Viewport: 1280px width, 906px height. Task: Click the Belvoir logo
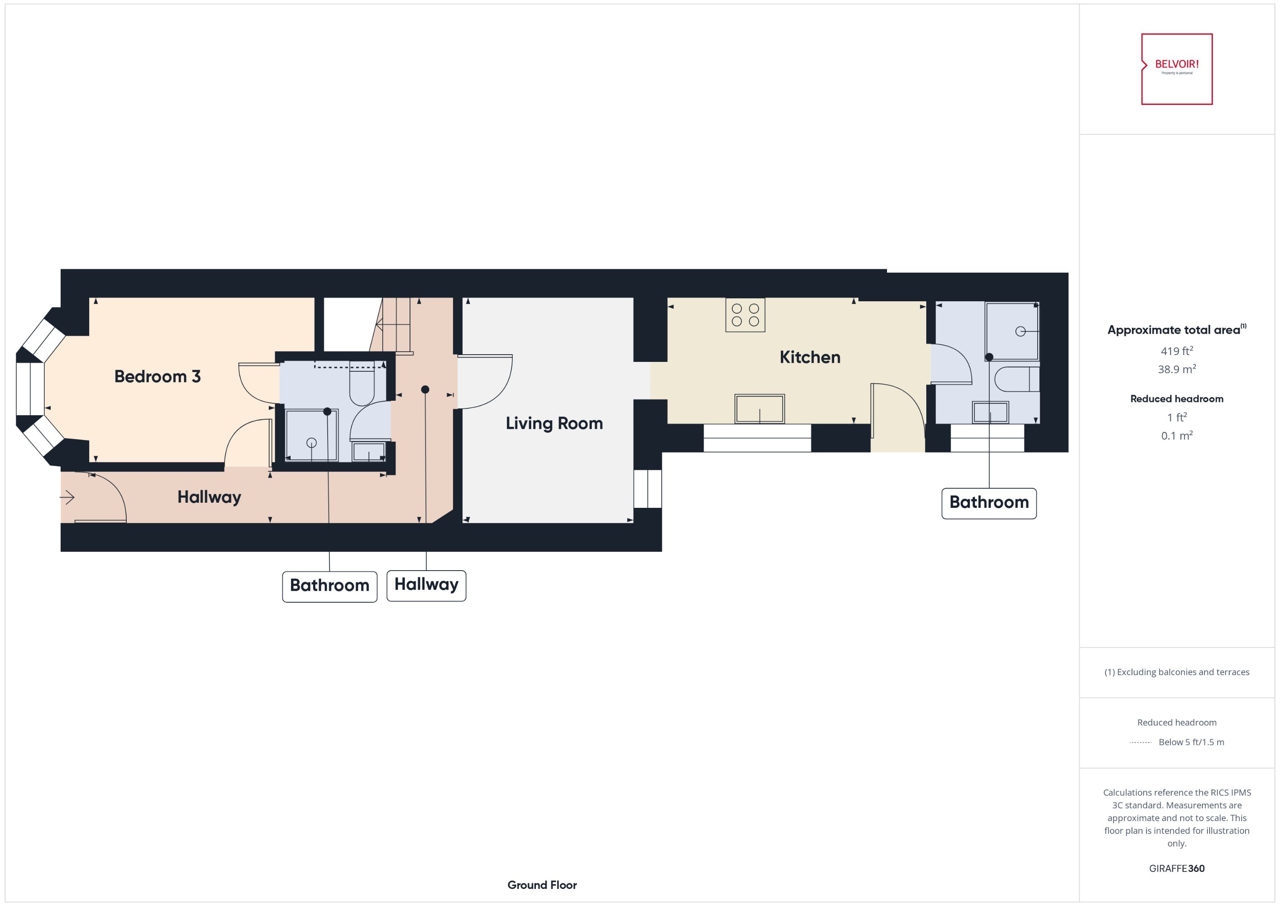[1176, 69]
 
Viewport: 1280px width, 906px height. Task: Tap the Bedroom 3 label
[157, 376]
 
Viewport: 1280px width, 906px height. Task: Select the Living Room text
[554, 423]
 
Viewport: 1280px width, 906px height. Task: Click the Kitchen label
[809, 357]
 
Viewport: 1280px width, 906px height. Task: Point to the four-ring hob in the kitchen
[745, 315]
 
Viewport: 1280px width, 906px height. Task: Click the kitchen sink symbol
[759, 409]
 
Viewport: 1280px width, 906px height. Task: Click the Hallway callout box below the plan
[426, 585]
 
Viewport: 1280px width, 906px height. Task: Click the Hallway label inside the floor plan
[209, 497]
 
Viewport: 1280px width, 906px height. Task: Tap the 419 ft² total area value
[1176, 351]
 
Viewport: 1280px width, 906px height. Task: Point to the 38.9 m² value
[1176, 369]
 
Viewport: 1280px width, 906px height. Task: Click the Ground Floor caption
[541, 885]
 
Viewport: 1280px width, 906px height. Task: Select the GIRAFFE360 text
[1176, 868]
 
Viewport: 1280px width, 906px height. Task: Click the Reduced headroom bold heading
[1176, 399]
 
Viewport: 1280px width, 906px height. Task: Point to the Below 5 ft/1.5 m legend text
[1191, 742]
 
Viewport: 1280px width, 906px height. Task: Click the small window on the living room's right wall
[648, 489]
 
